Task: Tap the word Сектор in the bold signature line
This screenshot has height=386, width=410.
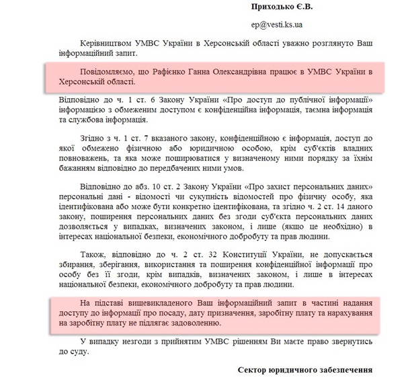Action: click(255, 371)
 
